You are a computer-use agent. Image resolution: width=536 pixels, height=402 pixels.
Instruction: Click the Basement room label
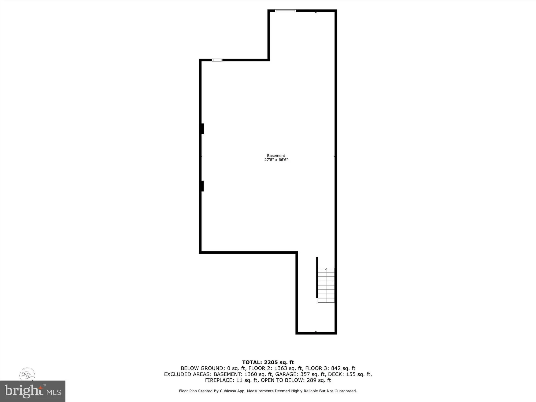tap(276, 156)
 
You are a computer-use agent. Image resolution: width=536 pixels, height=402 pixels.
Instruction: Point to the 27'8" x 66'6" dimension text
tap(276, 160)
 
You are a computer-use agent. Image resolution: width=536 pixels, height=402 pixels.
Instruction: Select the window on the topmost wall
tap(285, 11)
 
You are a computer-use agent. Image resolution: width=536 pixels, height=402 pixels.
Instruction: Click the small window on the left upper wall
tap(217, 60)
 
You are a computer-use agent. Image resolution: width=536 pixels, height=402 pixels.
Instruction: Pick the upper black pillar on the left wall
tap(202, 129)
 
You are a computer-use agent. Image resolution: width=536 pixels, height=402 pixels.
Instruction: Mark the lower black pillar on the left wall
tap(202, 186)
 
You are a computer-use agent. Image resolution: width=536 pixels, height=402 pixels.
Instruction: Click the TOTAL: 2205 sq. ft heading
tap(268, 363)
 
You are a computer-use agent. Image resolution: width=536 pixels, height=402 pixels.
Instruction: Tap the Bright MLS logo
tap(33, 391)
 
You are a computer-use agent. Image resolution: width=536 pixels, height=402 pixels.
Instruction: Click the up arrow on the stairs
tap(326, 269)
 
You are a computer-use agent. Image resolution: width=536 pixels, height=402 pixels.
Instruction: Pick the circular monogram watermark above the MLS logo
tap(27, 374)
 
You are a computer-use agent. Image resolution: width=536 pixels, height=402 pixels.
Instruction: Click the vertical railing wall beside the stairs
tap(317, 277)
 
